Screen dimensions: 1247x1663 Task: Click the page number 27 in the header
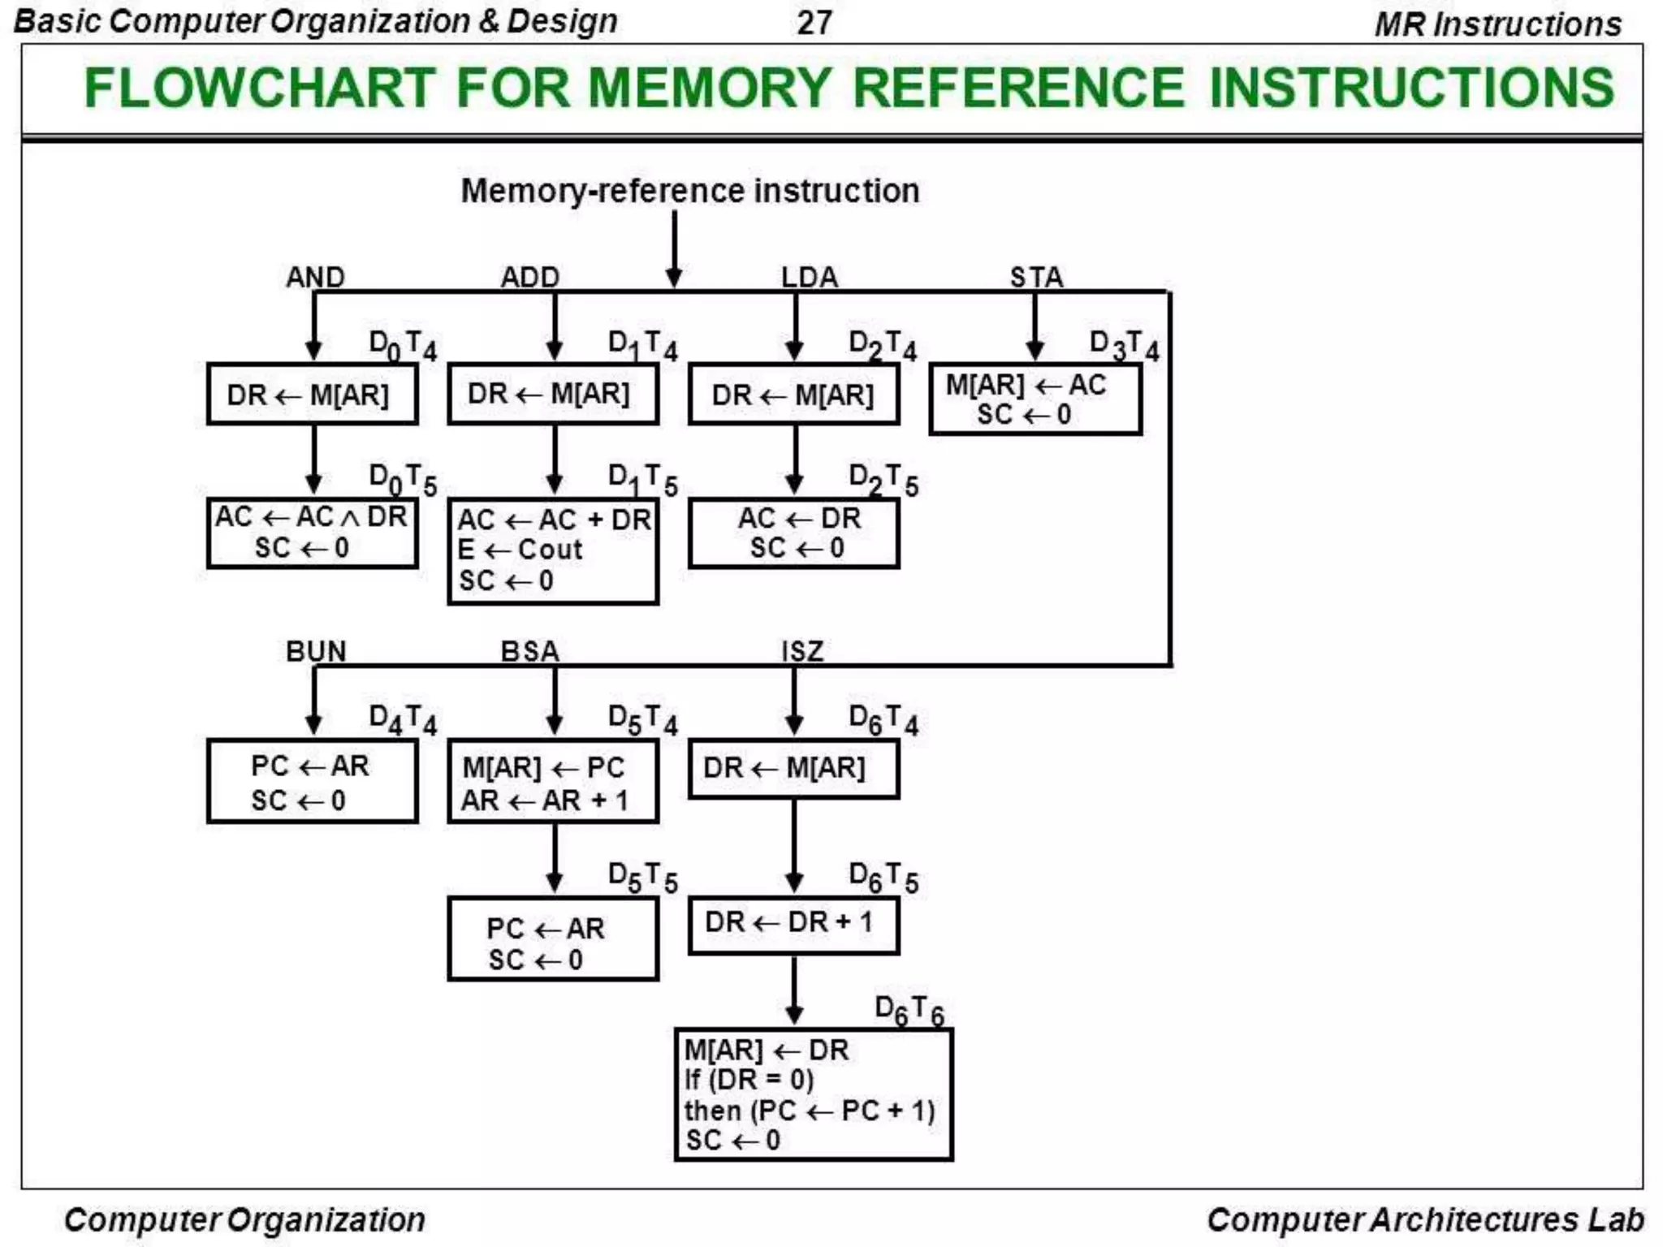tap(814, 22)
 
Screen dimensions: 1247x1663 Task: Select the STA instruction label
tap(1036, 277)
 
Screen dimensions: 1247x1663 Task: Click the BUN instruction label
tap(316, 651)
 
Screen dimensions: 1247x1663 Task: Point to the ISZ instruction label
tap(802, 651)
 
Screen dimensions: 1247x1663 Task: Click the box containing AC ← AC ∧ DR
tap(313, 533)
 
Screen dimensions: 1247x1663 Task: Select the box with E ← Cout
tap(553, 550)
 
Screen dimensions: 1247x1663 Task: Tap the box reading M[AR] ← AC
tap(1035, 399)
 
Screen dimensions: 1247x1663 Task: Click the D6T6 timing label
tap(909, 1012)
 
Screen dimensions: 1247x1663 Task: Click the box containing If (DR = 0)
tap(813, 1094)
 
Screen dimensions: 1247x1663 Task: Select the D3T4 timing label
tap(1124, 345)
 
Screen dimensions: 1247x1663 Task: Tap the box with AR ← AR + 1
tap(553, 783)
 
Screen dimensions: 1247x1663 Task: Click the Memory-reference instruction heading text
tap(690, 192)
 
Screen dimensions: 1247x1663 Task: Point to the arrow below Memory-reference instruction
tap(674, 248)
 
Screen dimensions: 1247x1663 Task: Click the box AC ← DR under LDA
tap(793, 533)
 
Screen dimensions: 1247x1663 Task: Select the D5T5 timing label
tap(642, 878)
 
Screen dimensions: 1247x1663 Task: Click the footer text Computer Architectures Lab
tap(1425, 1219)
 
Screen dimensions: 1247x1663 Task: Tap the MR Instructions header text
tap(1497, 24)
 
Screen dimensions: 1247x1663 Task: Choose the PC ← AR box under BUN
tap(313, 782)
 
